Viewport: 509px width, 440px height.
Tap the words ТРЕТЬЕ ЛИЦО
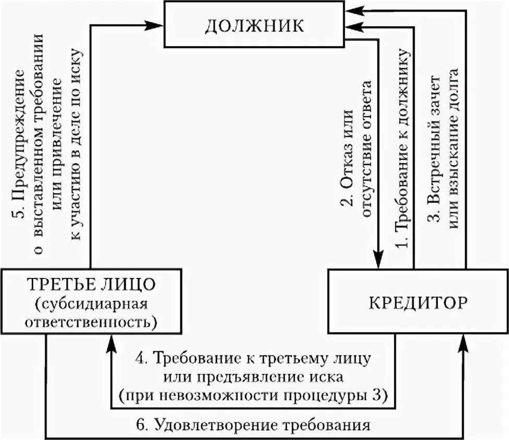pos(91,285)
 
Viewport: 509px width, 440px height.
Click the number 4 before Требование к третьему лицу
pos(139,359)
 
